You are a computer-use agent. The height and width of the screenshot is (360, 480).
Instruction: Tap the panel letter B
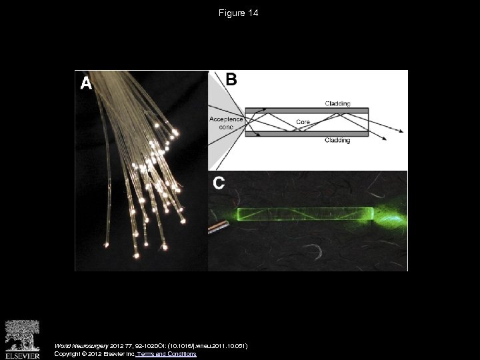[x=231, y=79]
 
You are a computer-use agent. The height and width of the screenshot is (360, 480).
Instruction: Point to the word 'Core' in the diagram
[x=303, y=123]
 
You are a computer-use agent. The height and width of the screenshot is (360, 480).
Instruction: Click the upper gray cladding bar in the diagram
[x=307, y=111]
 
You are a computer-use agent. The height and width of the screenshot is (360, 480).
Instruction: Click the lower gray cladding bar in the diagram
[x=307, y=133]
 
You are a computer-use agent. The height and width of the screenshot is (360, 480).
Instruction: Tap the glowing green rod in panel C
[x=303, y=215]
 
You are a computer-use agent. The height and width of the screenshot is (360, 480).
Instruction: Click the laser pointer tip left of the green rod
[x=217, y=229]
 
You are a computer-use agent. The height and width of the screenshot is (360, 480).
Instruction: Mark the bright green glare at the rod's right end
[x=392, y=215]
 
